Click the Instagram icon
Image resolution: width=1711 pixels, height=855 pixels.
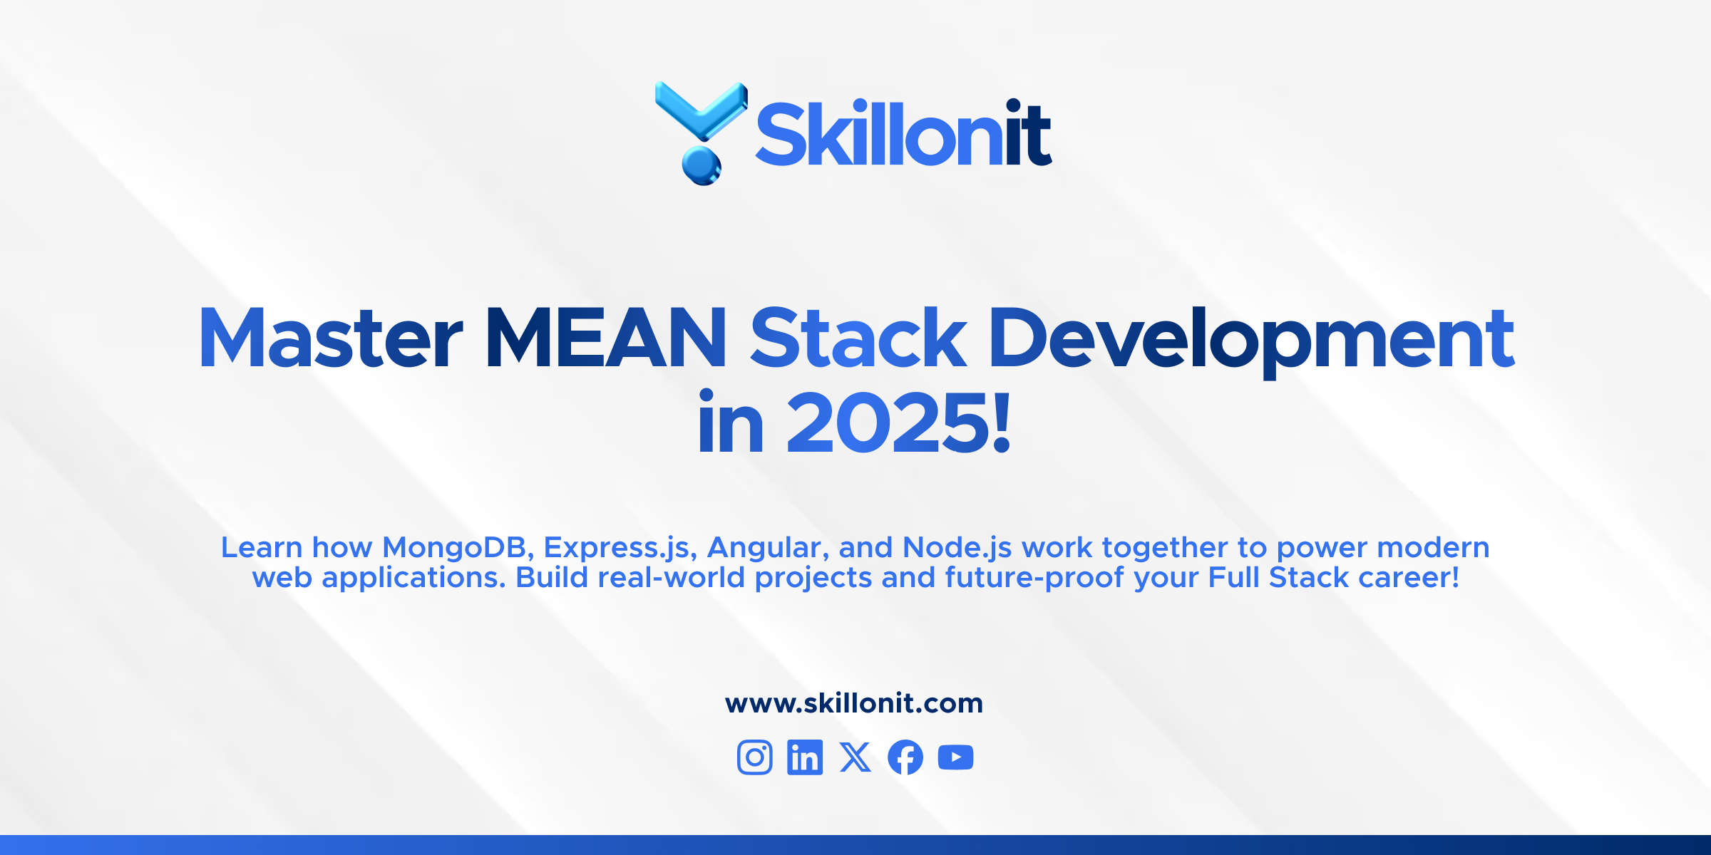tap(755, 757)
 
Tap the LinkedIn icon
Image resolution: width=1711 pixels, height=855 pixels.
tap(805, 757)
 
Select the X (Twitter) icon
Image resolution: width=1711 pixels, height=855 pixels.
tap(855, 757)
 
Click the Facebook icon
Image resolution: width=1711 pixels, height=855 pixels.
tap(905, 757)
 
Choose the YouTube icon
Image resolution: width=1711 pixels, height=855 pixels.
tap(956, 757)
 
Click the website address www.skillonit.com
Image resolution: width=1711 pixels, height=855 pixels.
tap(854, 704)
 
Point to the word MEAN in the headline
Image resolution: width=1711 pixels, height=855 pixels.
tap(606, 338)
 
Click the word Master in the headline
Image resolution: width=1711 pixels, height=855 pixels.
tap(331, 338)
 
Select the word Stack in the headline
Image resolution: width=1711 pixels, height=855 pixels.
tap(858, 338)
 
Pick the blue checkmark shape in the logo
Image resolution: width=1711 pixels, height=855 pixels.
tap(702, 110)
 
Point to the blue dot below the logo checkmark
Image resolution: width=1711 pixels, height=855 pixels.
tap(702, 165)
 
